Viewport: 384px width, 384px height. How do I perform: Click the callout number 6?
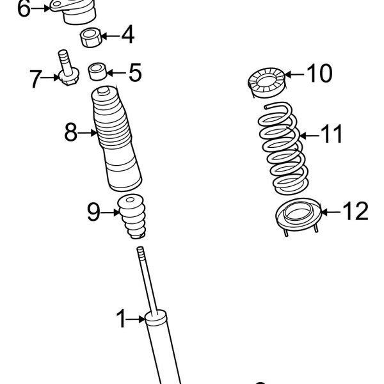click(23, 9)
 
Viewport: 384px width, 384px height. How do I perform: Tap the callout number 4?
click(127, 35)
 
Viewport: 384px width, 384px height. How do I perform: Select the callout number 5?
click(134, 72)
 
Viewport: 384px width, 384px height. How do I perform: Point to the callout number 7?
click(35, 79)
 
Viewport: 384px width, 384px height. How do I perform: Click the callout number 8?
click(70, 133)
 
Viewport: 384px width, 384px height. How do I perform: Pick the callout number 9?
click(93, 212)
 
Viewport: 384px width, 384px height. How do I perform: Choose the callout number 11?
click(331, 135)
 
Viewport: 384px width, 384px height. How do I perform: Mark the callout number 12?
click(355, 211)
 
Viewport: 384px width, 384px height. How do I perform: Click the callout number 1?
click(122, 318)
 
